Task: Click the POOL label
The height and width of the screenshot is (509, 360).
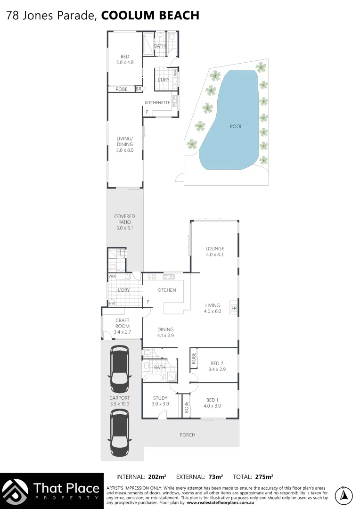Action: (x=236, y=126)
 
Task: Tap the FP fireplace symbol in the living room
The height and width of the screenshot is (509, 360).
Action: (x=233, y=309)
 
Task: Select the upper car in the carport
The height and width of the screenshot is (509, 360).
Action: (x=119, y=370)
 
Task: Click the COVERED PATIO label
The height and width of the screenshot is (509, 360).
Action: (x=124, y=222)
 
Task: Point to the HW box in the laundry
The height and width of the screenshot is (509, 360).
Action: (x=112, y=304)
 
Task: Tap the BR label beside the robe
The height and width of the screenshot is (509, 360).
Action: (x=139, y=89)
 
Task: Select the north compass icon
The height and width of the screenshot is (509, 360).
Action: (x=344, y=495)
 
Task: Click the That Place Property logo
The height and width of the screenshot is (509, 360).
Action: (x=52, y=491)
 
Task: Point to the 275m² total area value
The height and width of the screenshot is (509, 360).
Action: (x=264, y=476)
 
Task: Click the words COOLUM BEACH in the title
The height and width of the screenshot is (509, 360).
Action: (x=150, y=16)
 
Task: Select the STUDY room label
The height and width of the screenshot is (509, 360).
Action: (x=160, y=401)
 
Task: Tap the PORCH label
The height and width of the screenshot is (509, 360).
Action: (x=188, y=435)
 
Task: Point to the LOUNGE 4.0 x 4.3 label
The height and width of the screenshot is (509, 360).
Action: (x=214, y=252)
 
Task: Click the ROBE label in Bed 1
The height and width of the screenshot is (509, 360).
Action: (x=187, y=407)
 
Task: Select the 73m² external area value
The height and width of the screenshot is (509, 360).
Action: (x=215, y=476)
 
